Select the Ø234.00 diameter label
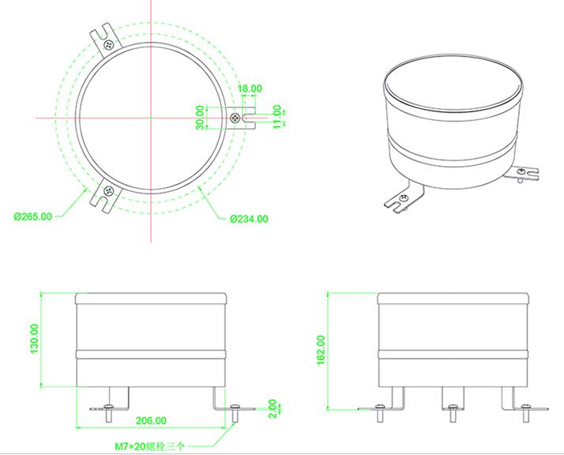pyautogui.click(x=249, y=219)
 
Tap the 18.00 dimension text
pyautogui.click(x=250, y=89)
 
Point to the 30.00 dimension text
pyautogui.click(x=201, y=117)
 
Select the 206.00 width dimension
pyautogui.click(x=151, y=421)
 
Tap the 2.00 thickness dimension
pyautogui.click(x=273, y=408)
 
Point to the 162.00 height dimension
pyautogui.click(x=321, y=350)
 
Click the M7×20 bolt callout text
pyautogui.click(x=148, y=446)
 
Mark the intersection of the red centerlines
pyautogui.click(x=148, y=117)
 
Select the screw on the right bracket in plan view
pyautogui.click(x=235, y=117)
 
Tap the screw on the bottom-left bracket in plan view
pyautogui.click(x=108, y=190)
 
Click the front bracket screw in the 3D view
pyautogui.click(x=404, y=197)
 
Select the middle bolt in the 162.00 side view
pyautogui.click(x=452, y=408)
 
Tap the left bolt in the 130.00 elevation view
pyautogui.click(x=108, y=408)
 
